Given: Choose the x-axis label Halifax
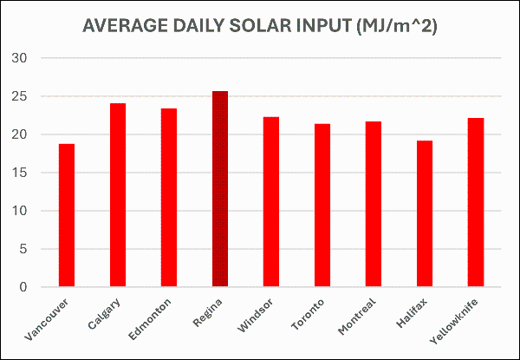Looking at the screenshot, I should [x=413, y=311].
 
